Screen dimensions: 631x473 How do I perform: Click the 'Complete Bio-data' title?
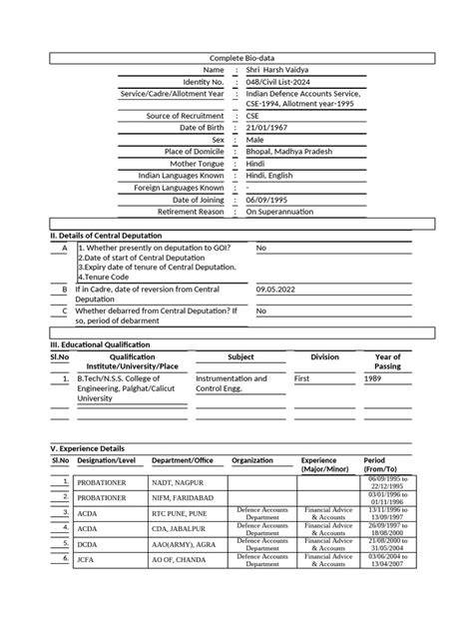tap(236, 58)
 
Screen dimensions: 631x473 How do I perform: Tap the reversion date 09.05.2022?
tap(277, 289)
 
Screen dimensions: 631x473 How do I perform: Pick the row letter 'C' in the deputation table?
tap(64, 311)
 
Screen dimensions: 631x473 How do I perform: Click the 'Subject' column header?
tap(240, 356)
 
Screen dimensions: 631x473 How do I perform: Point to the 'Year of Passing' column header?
tap(387, 361)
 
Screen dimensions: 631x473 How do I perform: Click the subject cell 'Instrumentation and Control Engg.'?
tap(232, 384)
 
